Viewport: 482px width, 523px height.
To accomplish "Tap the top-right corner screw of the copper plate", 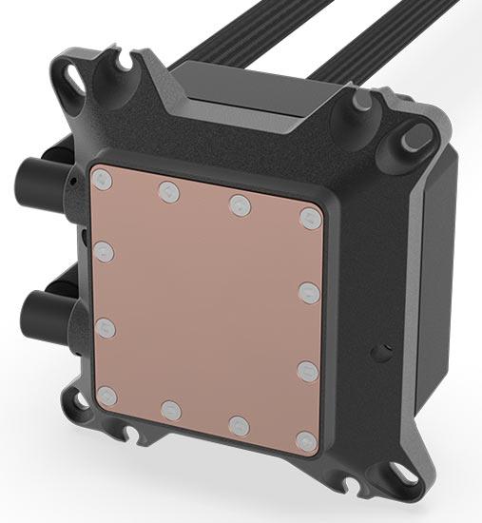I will pos(307,218).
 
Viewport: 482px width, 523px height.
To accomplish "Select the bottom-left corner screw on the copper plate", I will pos(105,394).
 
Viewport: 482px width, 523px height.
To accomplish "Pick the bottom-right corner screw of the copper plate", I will pos(305,441).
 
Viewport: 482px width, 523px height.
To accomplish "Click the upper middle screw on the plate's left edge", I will pos(105,252).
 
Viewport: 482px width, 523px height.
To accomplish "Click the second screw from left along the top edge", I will pos(168,190).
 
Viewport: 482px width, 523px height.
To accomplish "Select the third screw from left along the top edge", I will pos(238,203).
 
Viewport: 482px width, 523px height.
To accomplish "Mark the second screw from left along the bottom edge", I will pos(171,410).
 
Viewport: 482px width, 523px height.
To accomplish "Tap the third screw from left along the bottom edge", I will pos(238,425).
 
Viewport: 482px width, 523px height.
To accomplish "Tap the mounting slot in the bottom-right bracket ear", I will pos(402,472).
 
